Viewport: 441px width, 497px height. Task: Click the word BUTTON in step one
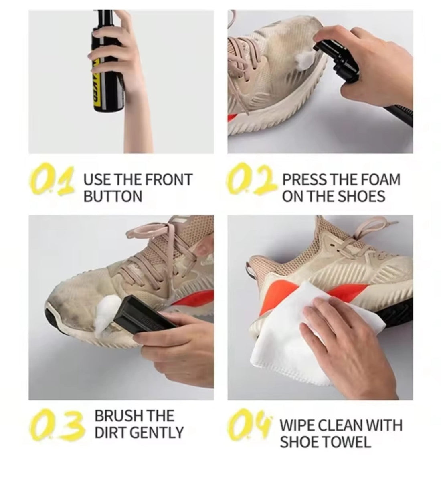tap(113, 196)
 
